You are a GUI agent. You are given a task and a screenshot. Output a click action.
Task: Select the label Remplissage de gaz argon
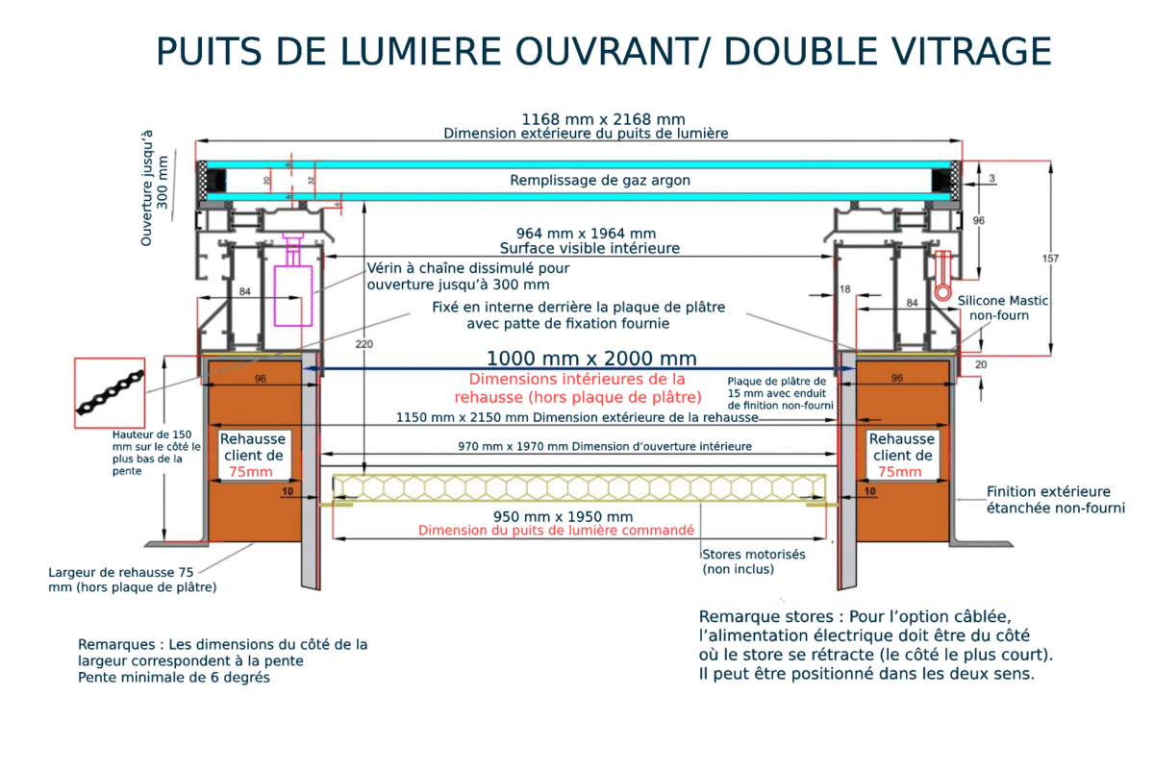pos(599,180)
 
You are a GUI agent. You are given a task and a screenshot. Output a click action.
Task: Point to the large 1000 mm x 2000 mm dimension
pos(590,358)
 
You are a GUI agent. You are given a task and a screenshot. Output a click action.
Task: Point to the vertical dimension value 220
pos(363,343)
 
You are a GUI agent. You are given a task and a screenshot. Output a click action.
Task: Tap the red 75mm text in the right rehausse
pos(900,472)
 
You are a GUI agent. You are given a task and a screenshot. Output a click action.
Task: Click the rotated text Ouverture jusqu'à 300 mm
pos(154,188)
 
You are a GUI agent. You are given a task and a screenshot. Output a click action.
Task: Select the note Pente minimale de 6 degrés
pos(174,678)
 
